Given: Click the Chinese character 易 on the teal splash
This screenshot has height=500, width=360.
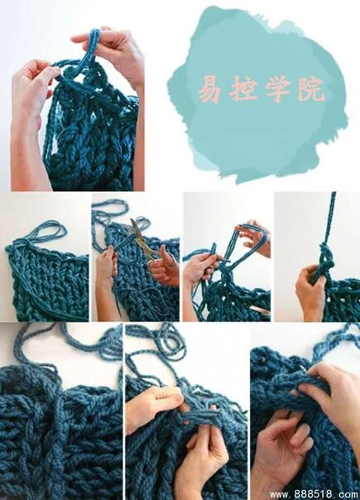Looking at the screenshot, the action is (210, 88).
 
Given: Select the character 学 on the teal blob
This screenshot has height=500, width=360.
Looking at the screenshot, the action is (277, 89).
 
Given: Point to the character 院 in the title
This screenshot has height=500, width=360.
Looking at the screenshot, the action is (311, 89).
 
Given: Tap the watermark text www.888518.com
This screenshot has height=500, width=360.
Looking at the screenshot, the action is (314, 494).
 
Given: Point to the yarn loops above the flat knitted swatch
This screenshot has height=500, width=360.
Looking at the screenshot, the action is (48, 231).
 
